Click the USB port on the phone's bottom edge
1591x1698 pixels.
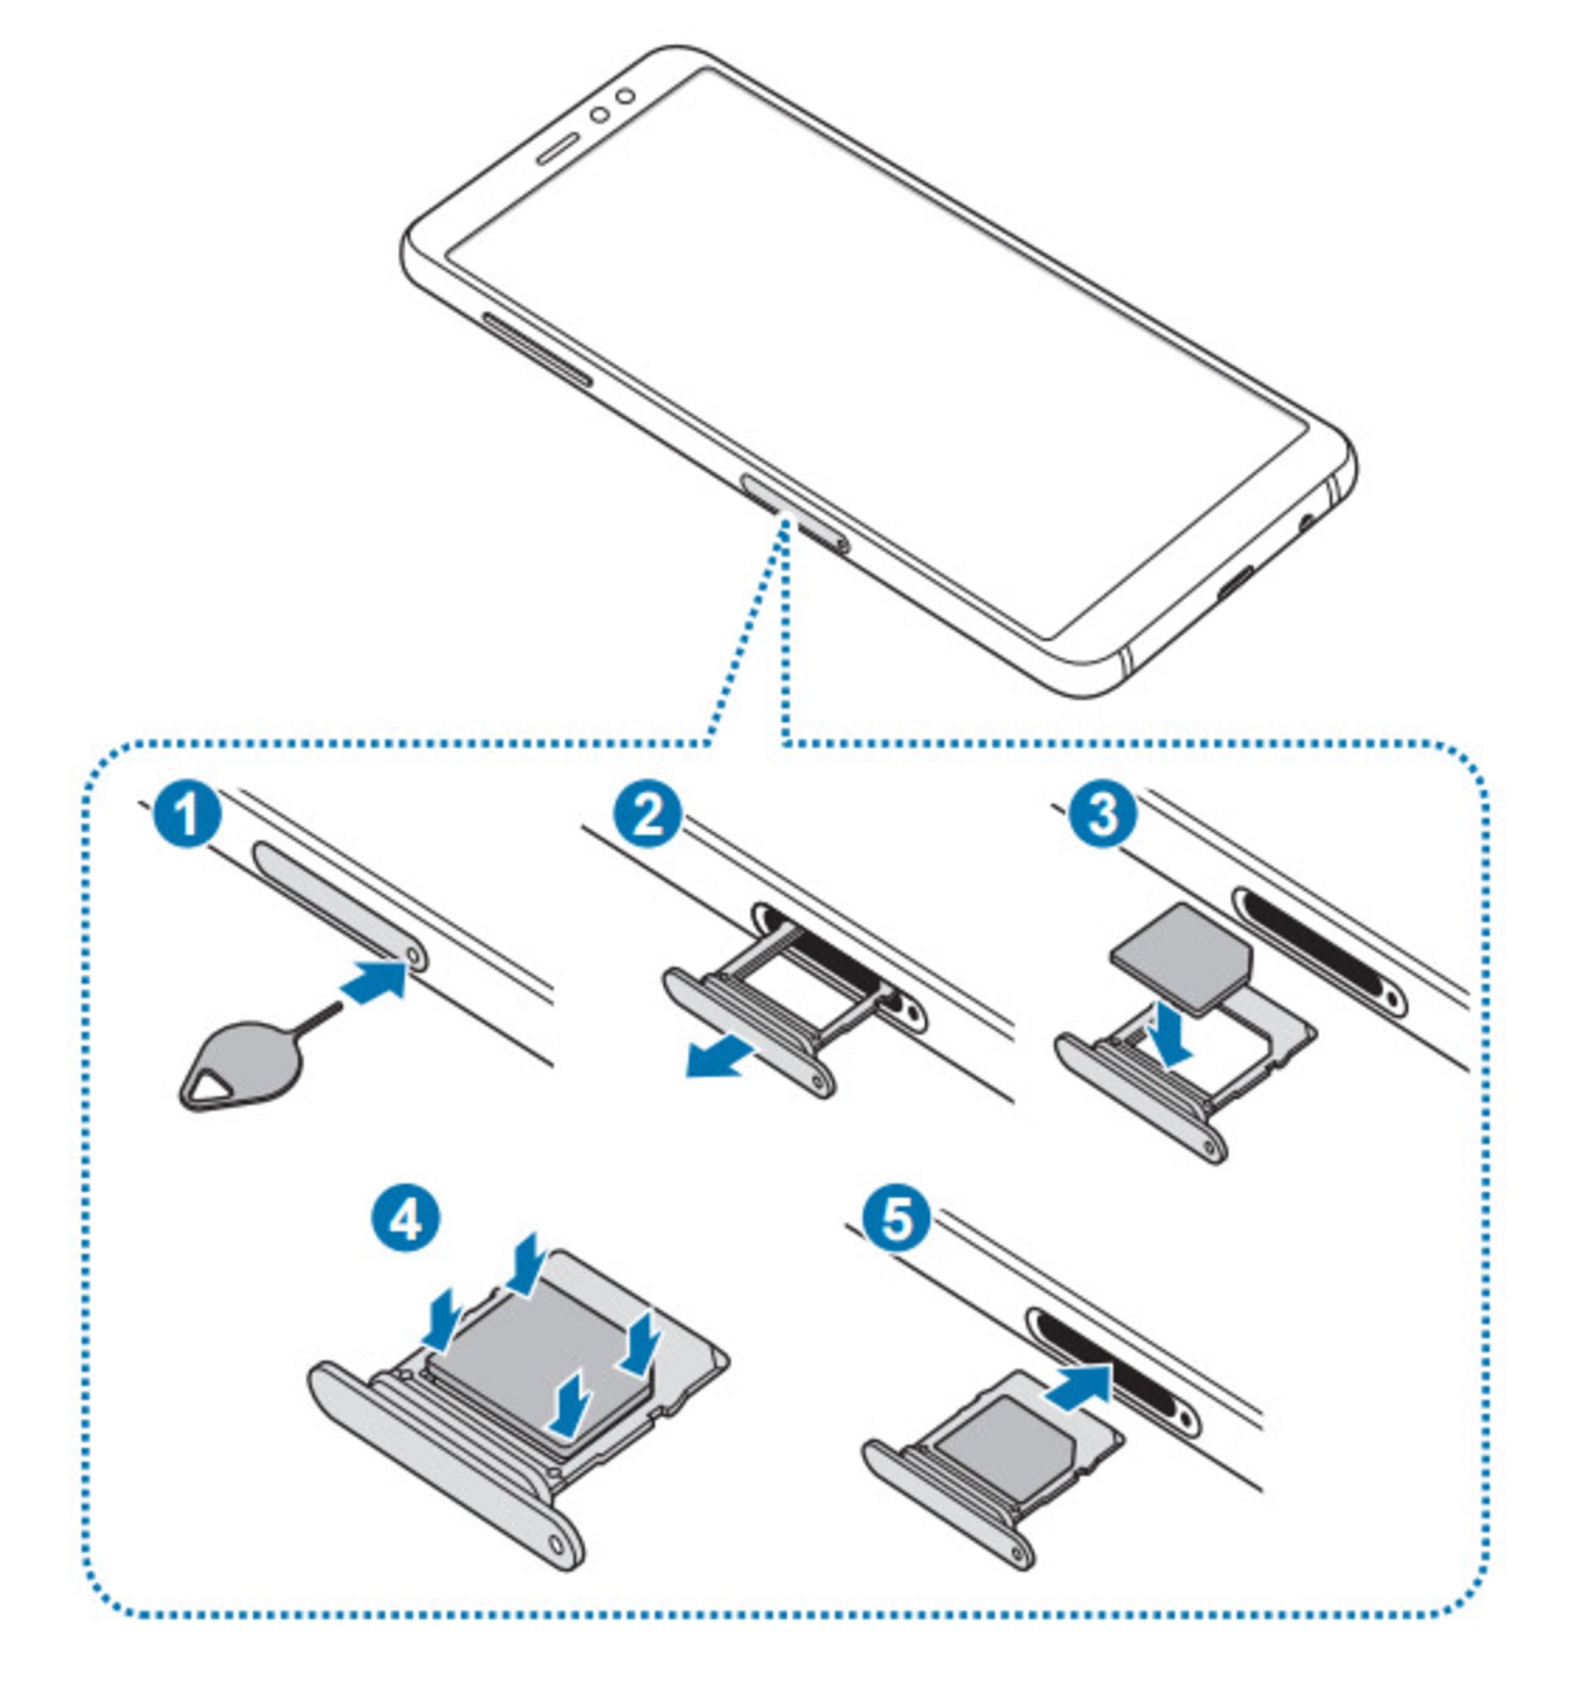[x=1237, y=583]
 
